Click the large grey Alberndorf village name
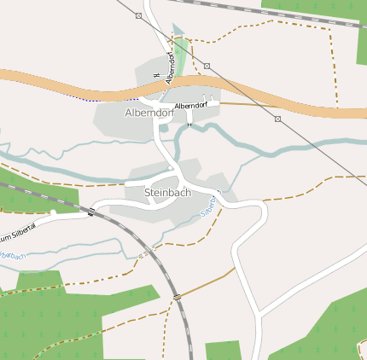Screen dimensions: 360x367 coord(149,112)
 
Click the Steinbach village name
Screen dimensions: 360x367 coord(167,193)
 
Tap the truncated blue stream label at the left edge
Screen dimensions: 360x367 coord(12,255)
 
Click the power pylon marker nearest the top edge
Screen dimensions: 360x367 coord(138,15)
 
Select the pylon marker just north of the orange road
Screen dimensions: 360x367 coord(207,66)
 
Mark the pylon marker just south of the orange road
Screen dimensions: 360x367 coord(277,119)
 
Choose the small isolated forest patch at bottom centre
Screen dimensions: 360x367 coord(223,350)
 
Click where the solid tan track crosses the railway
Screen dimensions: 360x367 coord(177,296)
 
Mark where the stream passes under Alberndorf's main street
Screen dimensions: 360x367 coord(164,129)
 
